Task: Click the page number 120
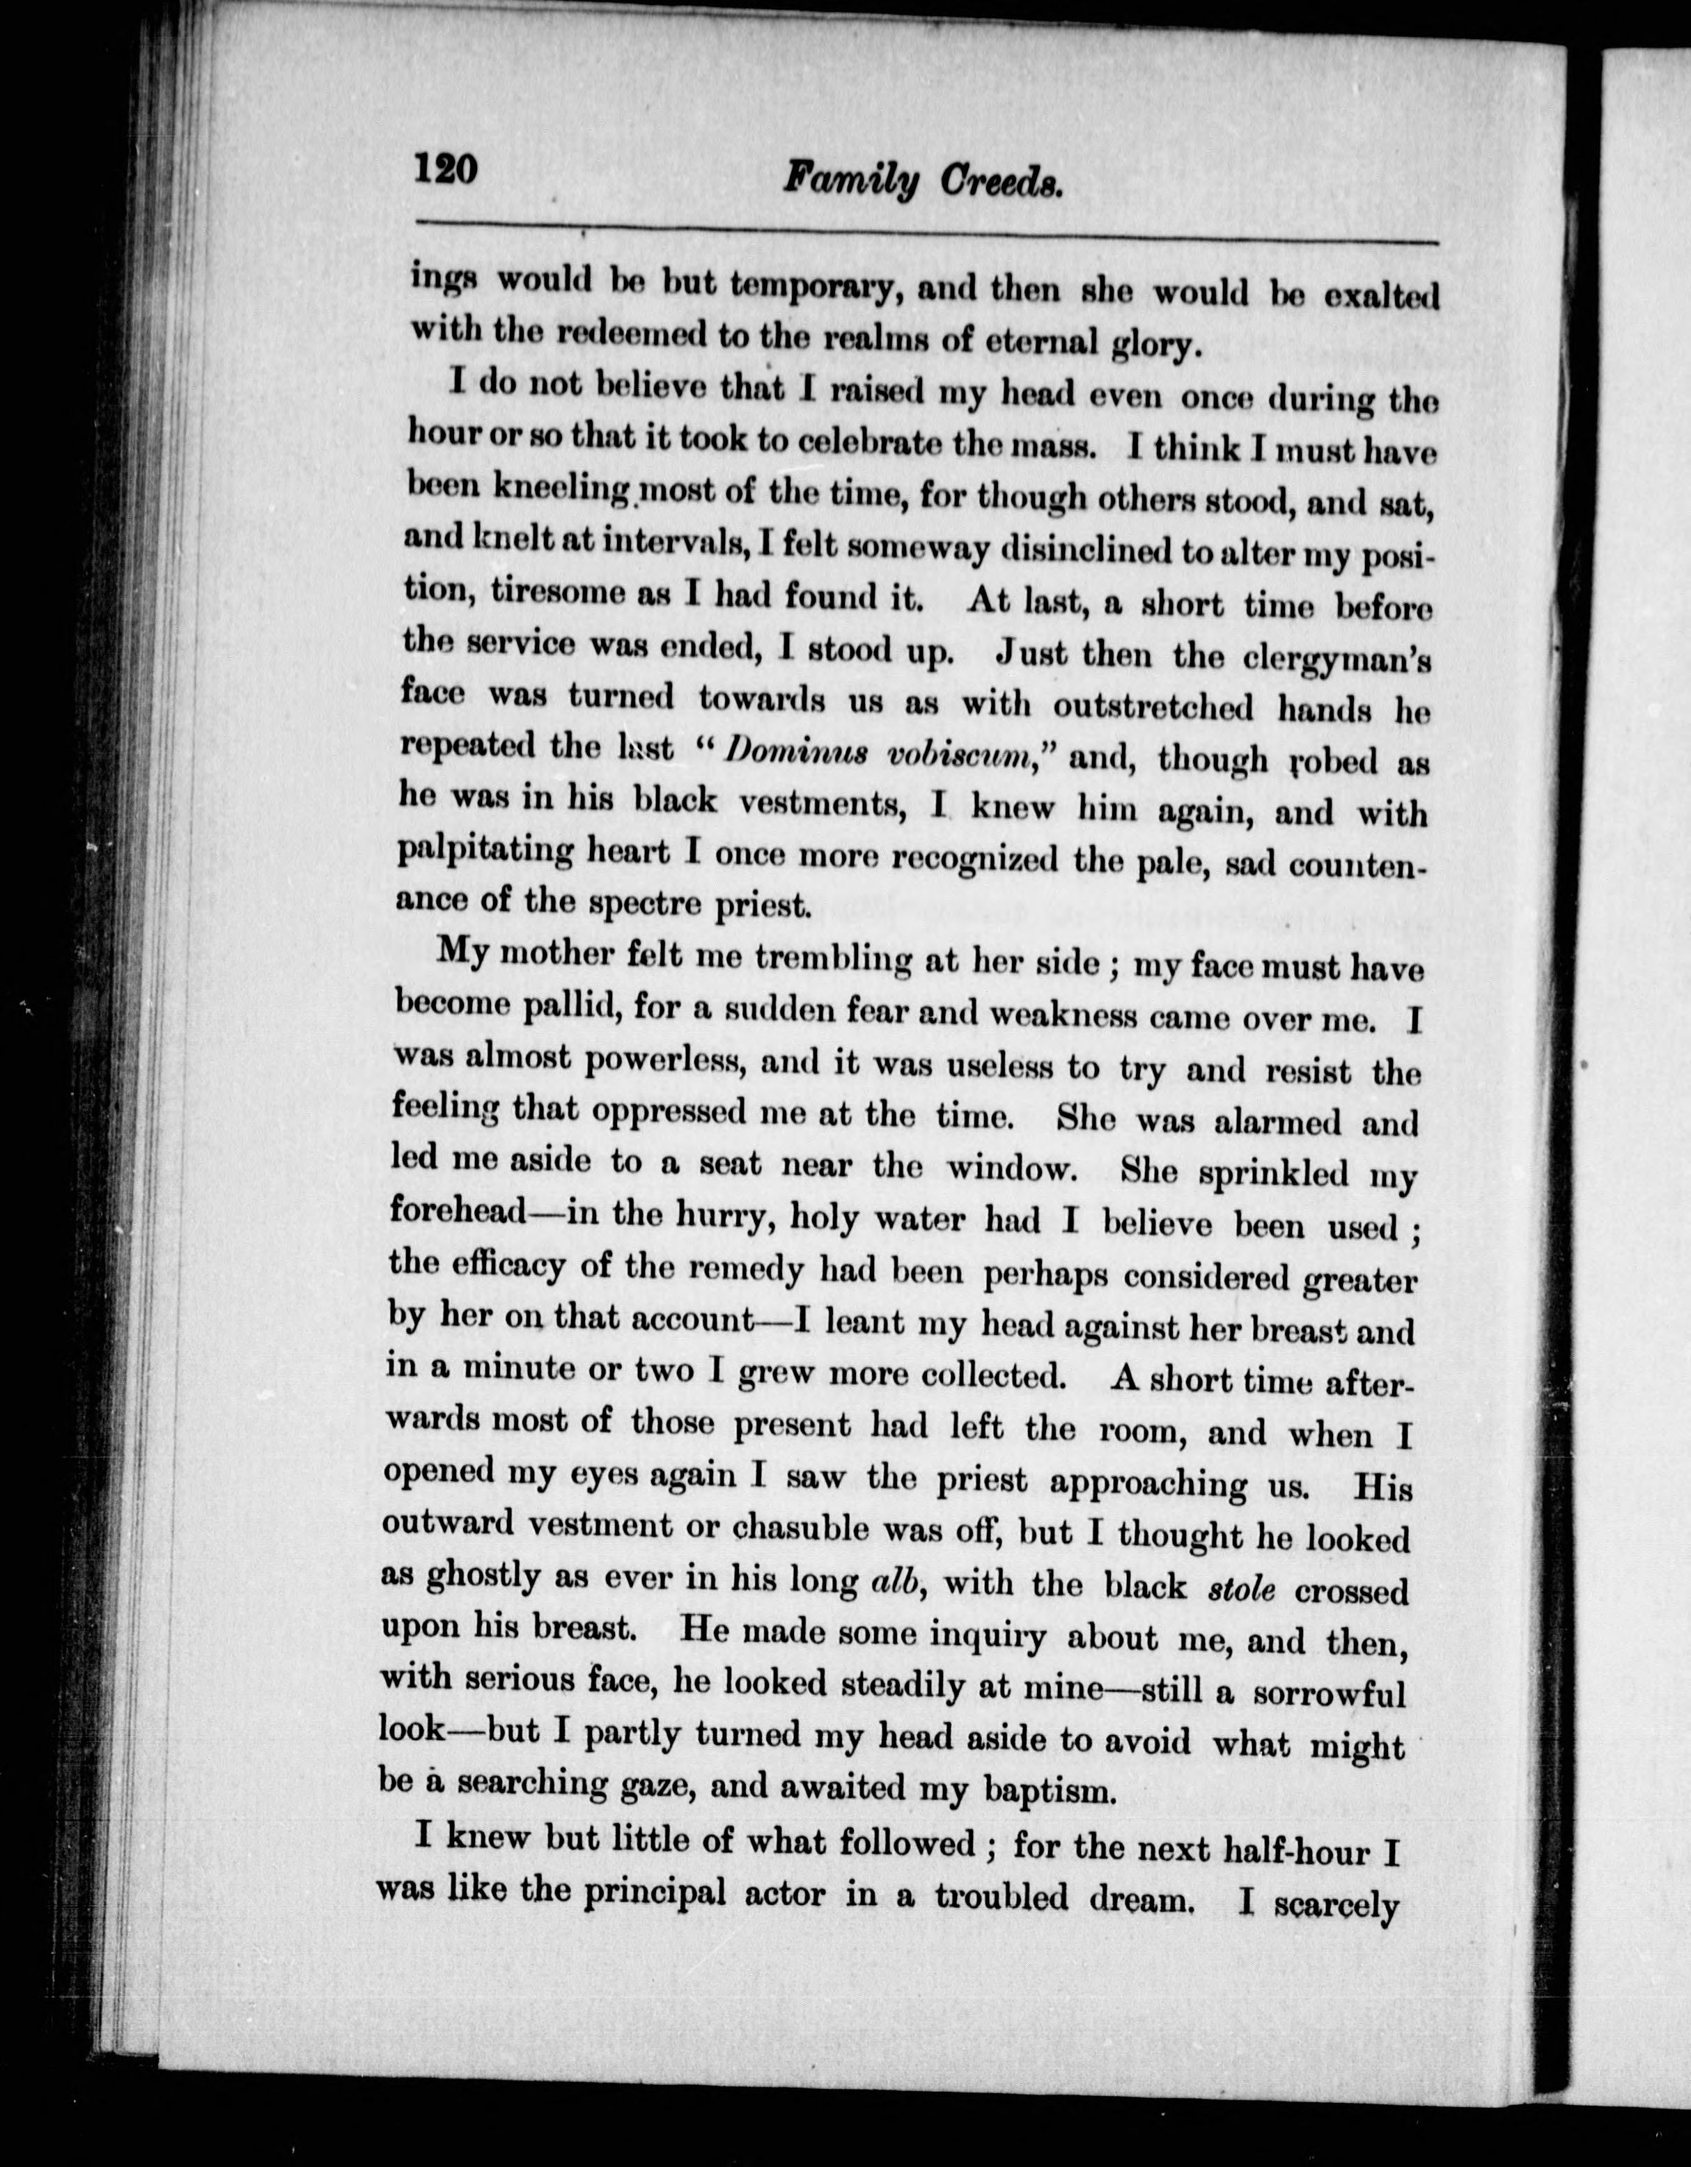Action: [446, 169]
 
